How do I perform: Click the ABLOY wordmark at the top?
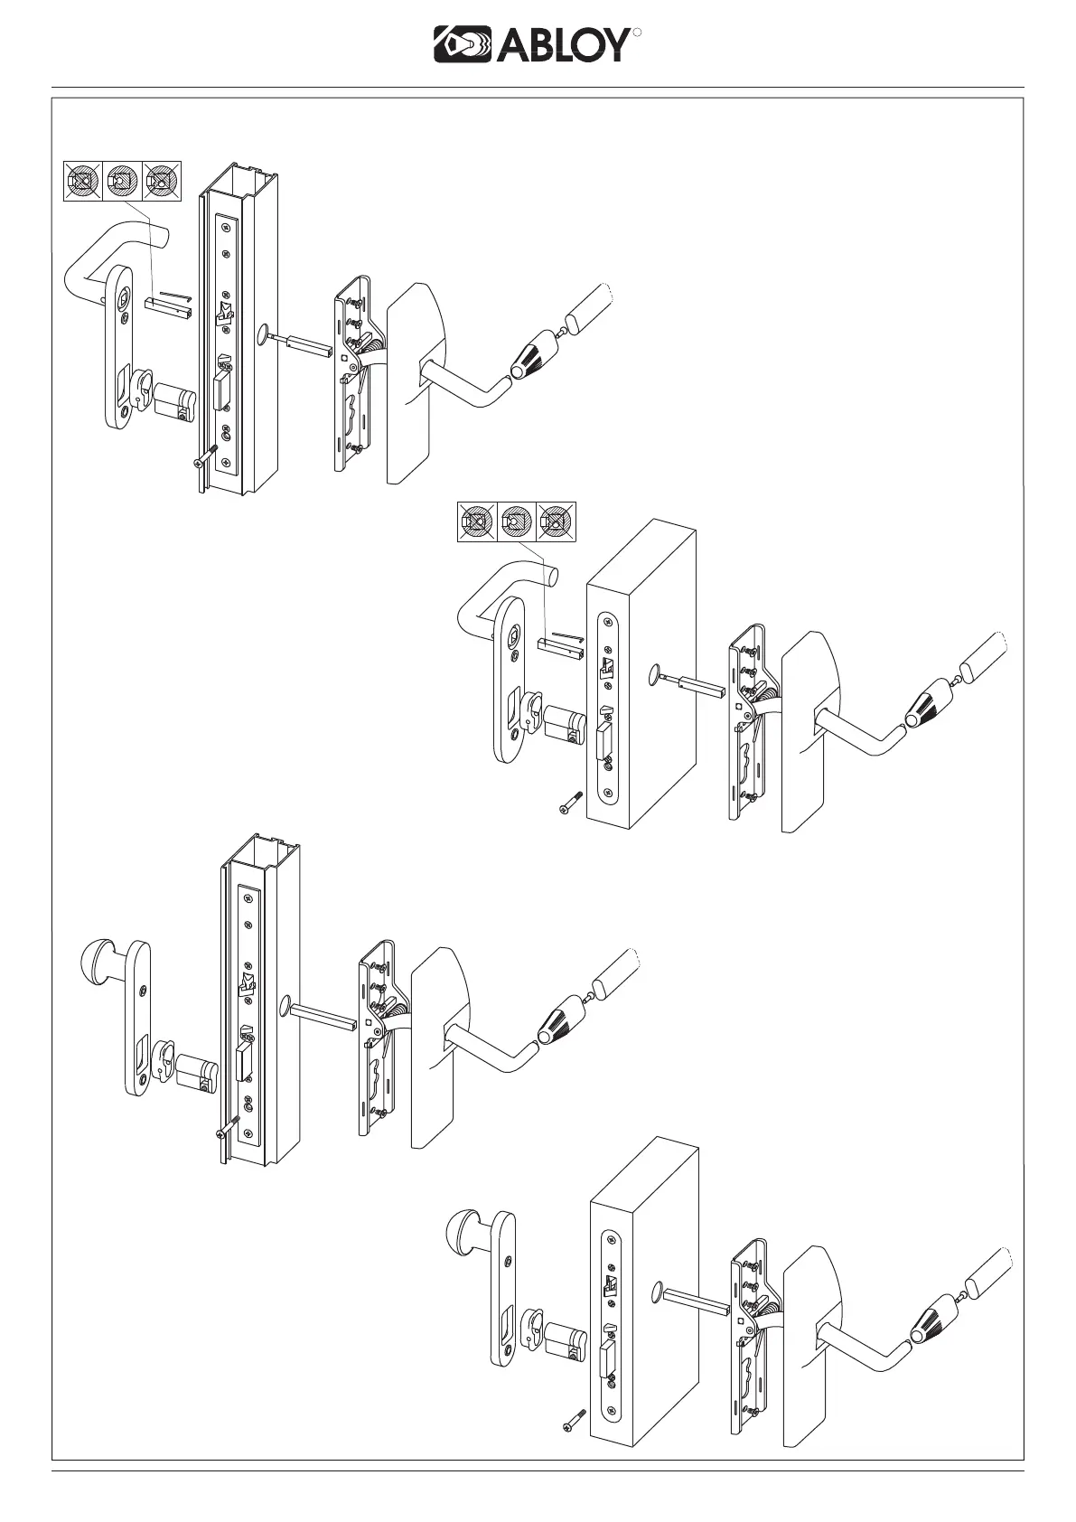click(x=560, y=44)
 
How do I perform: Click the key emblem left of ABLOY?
click(x=460, y=44)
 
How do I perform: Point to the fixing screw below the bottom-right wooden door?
click(x=569, y=1450)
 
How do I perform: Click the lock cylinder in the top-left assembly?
click(x=177, y=400)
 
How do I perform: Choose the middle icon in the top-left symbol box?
click(x=123, y=181)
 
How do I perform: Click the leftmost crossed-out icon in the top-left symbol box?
click(x=83, y=181)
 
